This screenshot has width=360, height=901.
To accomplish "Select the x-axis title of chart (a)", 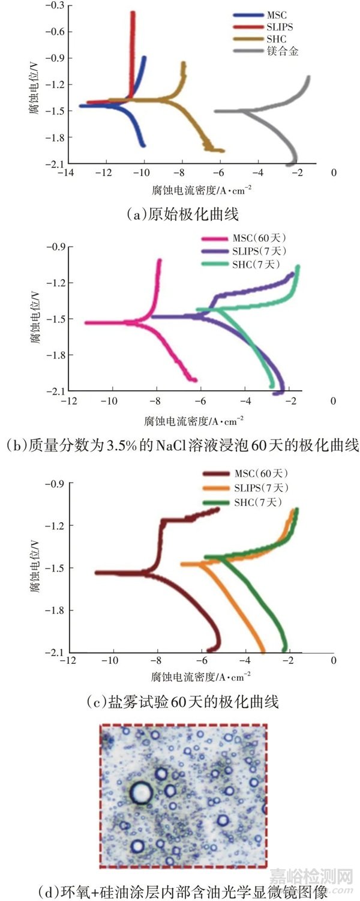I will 202,190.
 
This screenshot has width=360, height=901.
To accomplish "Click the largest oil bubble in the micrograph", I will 142,792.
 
